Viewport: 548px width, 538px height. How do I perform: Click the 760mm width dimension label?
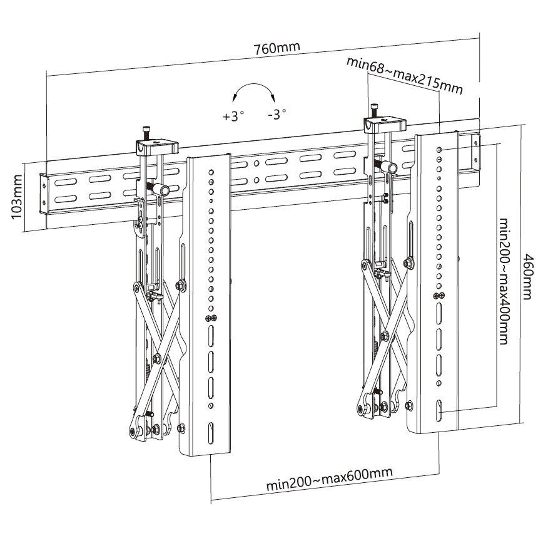pos(276,48)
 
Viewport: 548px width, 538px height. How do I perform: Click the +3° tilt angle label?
pos(233,116)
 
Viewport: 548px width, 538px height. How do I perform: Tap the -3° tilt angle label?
pos(276,114)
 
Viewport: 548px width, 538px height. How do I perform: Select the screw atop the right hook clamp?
pos(375,109)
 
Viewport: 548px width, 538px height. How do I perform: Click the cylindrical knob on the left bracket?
pos(163,189)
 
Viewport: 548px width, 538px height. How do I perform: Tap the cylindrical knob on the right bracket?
pos(389,166)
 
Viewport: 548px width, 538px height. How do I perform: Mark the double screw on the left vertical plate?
pos(211,319)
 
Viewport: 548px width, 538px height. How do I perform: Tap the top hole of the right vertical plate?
pos(443,150)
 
